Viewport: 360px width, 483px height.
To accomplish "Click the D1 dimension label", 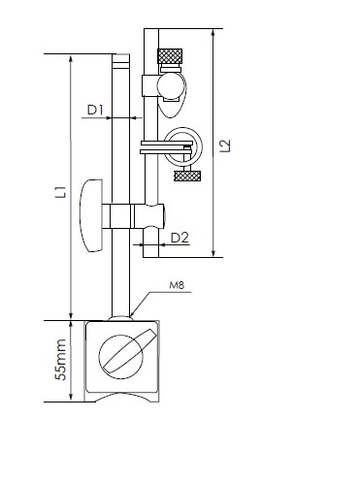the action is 95,110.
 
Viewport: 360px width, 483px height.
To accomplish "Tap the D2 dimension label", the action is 180,238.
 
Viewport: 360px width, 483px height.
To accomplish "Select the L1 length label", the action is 61,191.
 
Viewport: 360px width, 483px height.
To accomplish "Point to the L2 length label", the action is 225,145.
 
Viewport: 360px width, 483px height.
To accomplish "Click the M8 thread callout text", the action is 177,285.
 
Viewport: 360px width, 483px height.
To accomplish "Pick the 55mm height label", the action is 60,360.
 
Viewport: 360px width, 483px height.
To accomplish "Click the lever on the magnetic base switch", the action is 129,350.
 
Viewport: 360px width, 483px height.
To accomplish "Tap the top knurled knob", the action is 170,56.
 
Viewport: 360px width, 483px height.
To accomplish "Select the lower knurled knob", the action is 188,177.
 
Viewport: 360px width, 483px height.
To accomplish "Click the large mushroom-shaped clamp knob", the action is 91,216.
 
